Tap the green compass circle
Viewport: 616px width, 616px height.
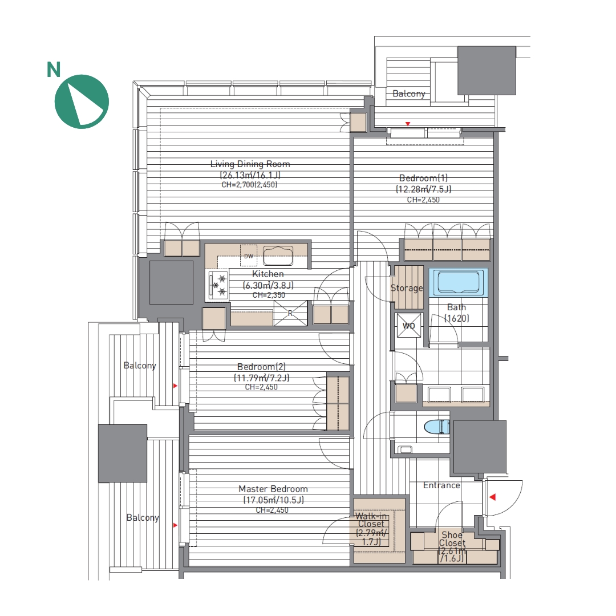coord(82,102)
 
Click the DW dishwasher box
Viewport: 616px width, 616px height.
coord(249,256)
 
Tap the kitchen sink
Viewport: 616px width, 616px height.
coord(278,256)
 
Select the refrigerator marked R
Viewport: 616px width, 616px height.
coord(290,313)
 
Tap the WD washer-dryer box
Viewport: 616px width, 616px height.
coord(409,325)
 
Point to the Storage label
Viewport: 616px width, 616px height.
coord(407,288)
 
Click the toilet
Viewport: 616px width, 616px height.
coord(437,427)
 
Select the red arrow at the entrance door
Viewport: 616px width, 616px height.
coord(493,497)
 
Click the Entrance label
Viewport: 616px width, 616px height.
coord(441,485)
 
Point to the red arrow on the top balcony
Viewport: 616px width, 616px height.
coord(408,124)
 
